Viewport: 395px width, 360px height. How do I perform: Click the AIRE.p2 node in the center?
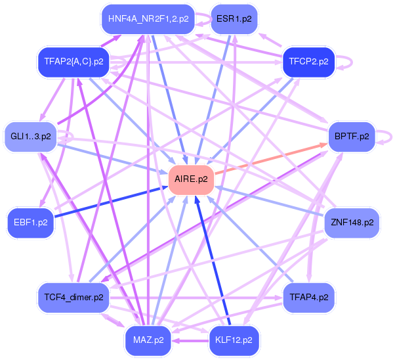192,179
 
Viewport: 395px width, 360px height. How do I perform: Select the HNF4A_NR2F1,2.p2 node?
148,18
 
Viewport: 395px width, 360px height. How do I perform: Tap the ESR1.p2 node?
233,18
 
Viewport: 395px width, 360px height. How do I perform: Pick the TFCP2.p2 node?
308,62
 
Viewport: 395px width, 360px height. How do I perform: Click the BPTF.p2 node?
351,137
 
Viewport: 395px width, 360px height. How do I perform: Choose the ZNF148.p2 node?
352,222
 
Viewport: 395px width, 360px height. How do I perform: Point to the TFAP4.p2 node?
308,297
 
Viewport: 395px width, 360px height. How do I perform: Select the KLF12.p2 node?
233,340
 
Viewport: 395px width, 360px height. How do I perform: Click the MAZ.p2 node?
148,340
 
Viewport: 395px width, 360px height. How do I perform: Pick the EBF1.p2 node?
30,222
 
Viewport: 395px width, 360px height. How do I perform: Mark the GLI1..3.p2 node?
30,137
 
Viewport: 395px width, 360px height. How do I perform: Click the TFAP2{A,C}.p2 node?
73,62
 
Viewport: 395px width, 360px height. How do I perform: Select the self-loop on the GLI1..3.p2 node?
66,136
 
